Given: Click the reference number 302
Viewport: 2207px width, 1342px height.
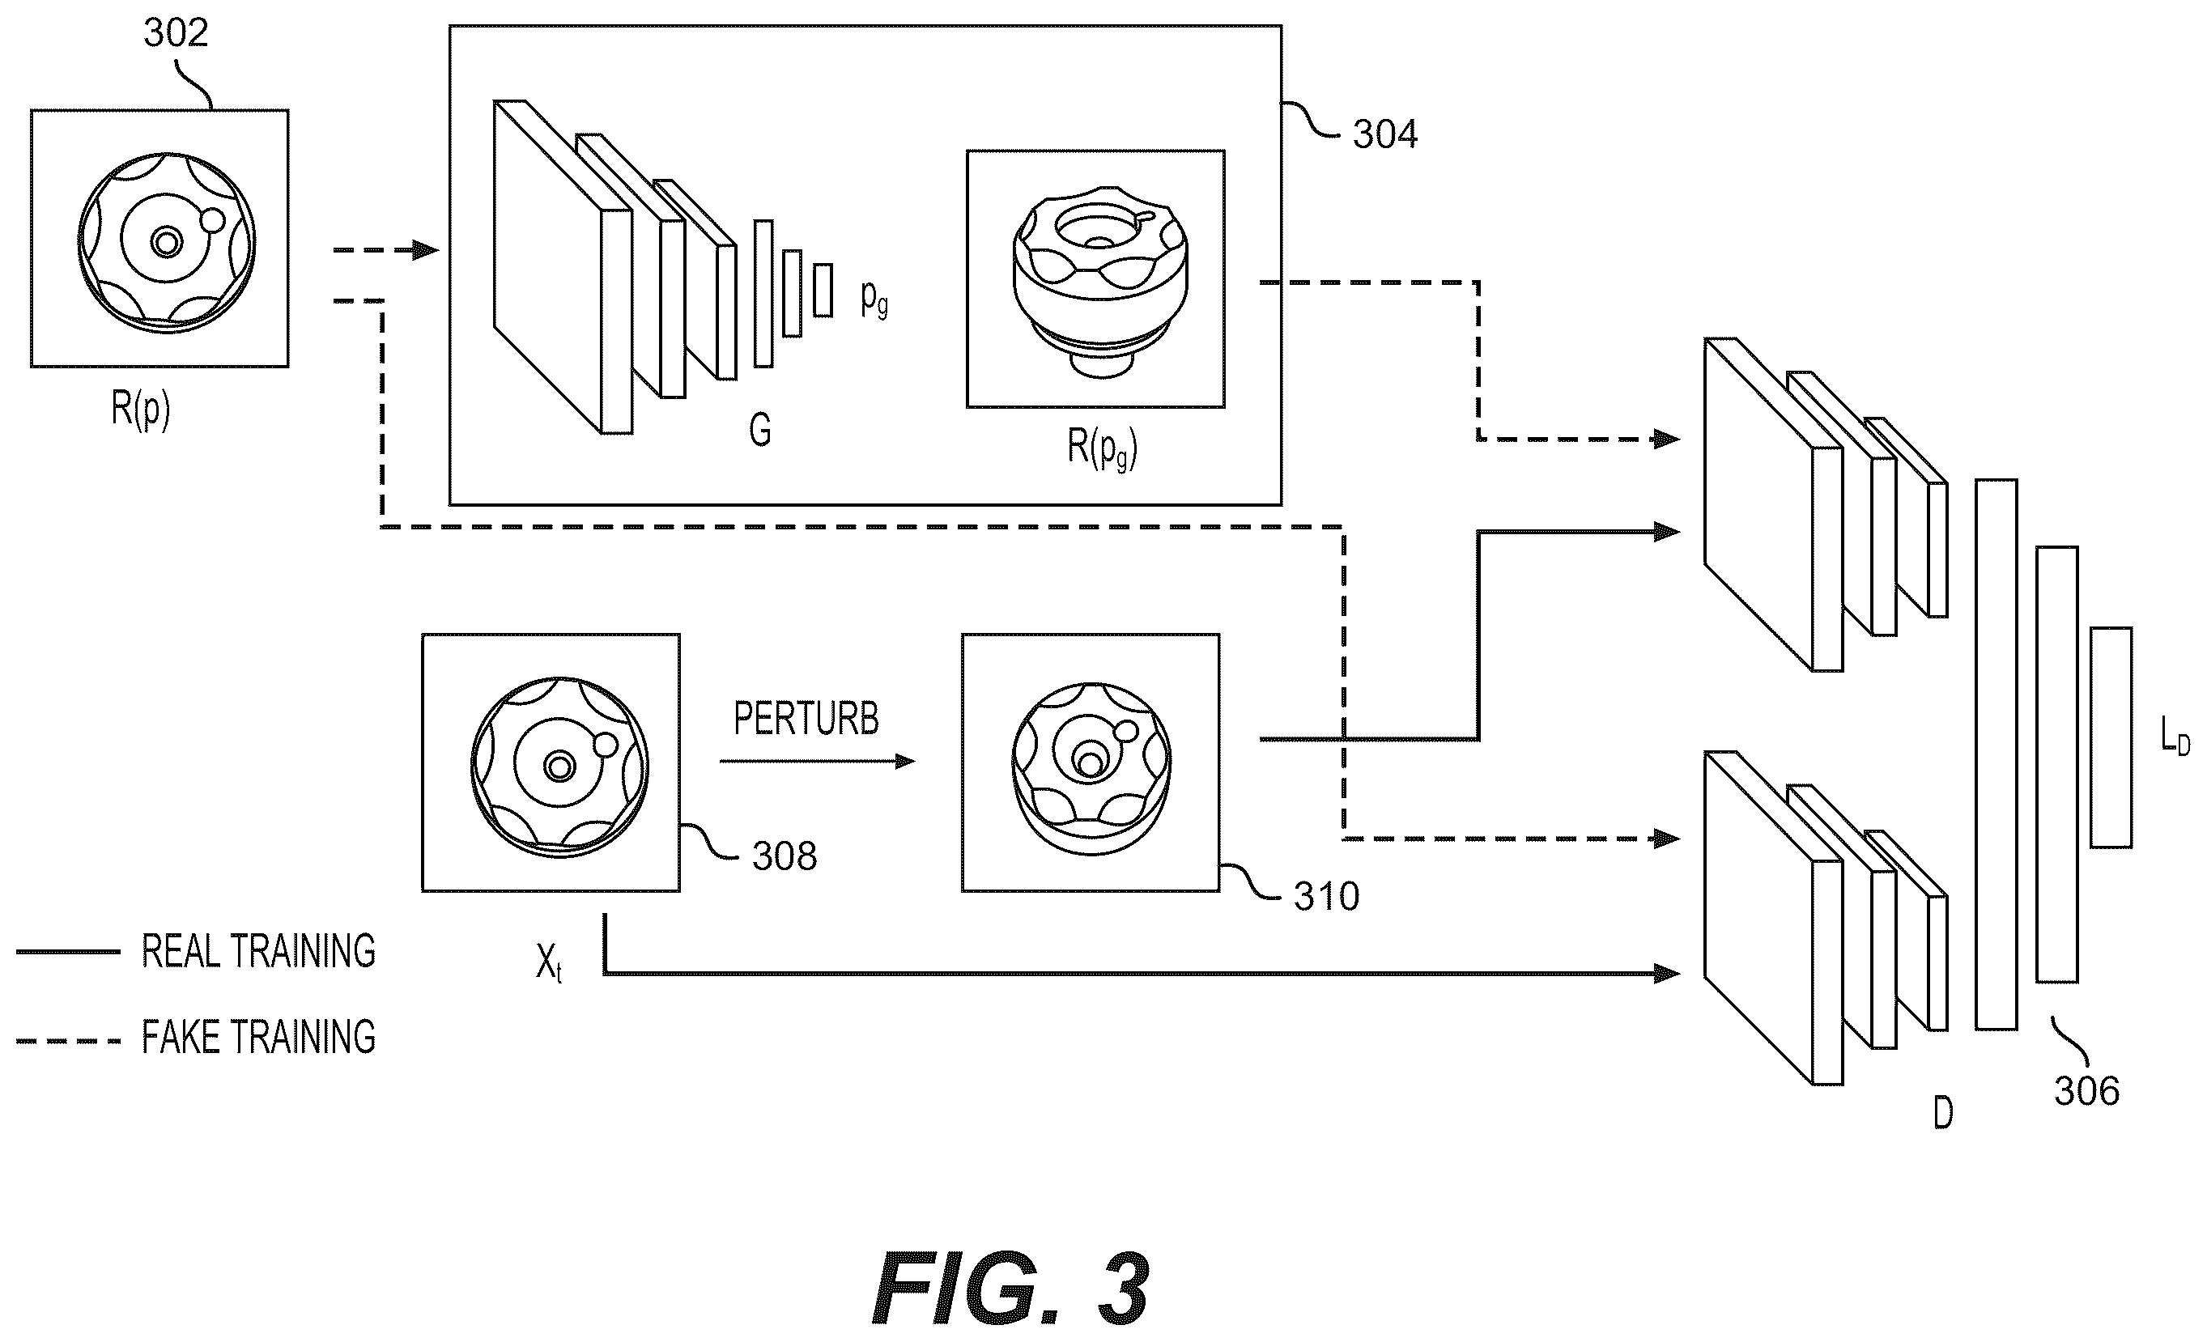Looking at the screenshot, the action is [176, 33].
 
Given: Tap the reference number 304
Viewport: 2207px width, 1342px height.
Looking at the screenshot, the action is [1384, 135].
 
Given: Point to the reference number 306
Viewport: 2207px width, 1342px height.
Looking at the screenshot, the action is [2087, 1091].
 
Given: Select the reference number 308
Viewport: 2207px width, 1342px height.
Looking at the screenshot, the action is [785, 857].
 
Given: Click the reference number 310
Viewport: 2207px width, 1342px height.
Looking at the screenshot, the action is [1326, 896].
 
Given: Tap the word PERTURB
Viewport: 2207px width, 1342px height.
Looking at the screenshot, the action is [806, 719].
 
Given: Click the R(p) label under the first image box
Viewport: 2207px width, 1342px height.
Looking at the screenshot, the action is [141, 410].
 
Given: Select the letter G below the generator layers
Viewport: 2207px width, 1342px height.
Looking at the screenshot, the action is [759, 431].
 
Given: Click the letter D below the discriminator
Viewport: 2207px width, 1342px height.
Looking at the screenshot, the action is [1943, 1114].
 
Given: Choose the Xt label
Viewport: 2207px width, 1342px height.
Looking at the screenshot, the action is [549, 964].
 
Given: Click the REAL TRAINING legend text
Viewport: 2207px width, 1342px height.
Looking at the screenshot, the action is [259, 952].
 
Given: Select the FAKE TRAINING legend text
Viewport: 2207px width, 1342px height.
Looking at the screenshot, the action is [259, 1038].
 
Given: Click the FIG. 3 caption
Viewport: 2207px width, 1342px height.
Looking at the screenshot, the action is [1010, 1289].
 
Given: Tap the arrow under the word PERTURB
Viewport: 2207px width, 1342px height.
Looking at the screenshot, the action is [817, 762].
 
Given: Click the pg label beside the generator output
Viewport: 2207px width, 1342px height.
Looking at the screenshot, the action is [874, 298].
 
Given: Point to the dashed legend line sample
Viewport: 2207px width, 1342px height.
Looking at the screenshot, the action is [68, 1041].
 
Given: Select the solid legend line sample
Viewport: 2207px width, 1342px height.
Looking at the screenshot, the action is [68, 952].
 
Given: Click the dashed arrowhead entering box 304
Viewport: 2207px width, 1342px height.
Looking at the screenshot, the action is [426, 250].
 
